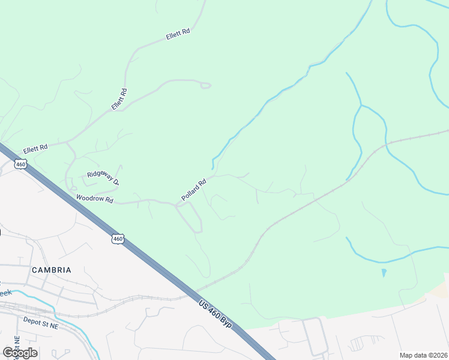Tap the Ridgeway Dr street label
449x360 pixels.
pyautogui.click(x=103, y=177)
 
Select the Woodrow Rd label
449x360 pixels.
pyautogui.click(x=95, y=199)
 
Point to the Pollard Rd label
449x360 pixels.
pyautogui.click(x=194, y=190)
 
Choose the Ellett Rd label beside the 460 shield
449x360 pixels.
pyautogui.click(x=35, y=148)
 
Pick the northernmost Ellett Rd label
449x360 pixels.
pyautogui.click(x=178, y=34)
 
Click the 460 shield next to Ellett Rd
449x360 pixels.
pyautogui.click(x=21, y=164)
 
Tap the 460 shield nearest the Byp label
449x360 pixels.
pyautogui.click(x=118, y=239)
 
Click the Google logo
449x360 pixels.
pyautogui.click(x=20, y=352)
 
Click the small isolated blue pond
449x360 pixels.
pyautogui.click(x=384, y=272)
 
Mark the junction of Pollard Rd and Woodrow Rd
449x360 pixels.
pyautogui.click(x=175, y=205)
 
